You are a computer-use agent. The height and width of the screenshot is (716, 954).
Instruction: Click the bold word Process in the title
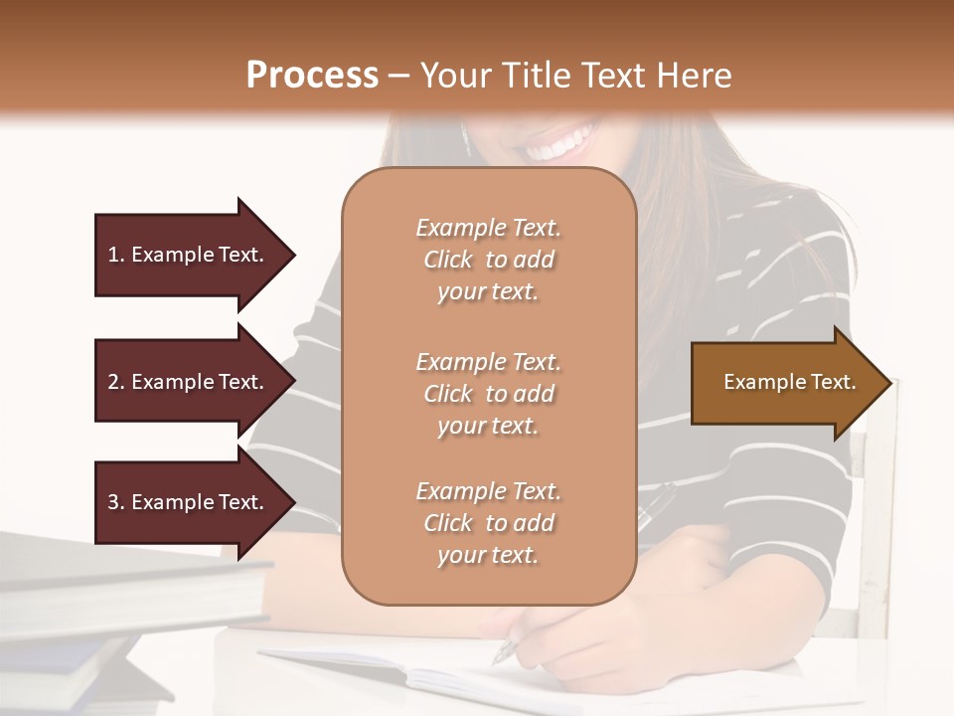tap(312, 76)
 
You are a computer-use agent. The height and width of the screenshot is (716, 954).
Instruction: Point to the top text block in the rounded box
tap(488, 260)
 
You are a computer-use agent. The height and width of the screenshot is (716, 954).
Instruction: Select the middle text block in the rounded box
tap(488, 394)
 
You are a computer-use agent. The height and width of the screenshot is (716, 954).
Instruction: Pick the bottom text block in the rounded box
tap(488, 523)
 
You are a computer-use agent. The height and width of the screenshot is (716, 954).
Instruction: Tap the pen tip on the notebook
tap(500, 657)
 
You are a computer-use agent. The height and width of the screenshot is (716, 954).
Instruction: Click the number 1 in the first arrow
tap(113, 255)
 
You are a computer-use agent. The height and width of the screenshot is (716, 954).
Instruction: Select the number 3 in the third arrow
tap(113, 503)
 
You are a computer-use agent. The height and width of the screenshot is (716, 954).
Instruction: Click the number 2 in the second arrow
tap(113, 382)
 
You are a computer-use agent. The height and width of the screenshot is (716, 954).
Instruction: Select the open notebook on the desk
tap(417, 676)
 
